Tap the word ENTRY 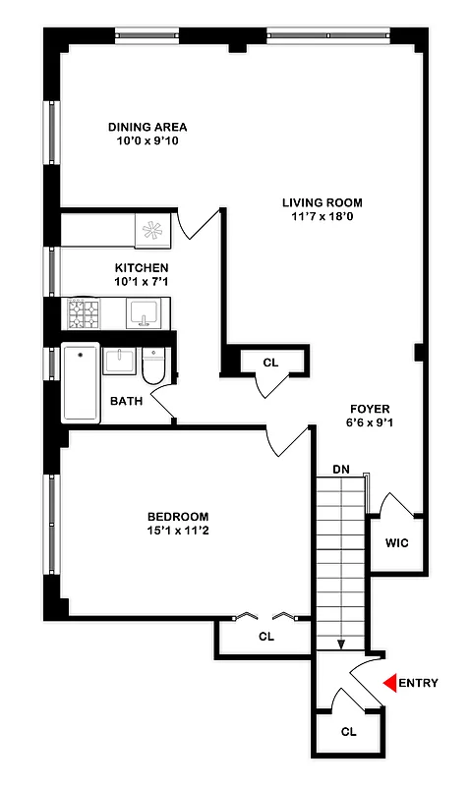pos(418,683)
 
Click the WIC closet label pos(397,542)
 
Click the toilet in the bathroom pos(154,366)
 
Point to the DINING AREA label pos(147,127)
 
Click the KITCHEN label pos(142,268)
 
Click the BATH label pos(126,401)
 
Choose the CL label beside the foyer pos(270,363)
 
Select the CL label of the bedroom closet pos(265,637)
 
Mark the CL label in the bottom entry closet pos(348,732)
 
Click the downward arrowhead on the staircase pos(340,645)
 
